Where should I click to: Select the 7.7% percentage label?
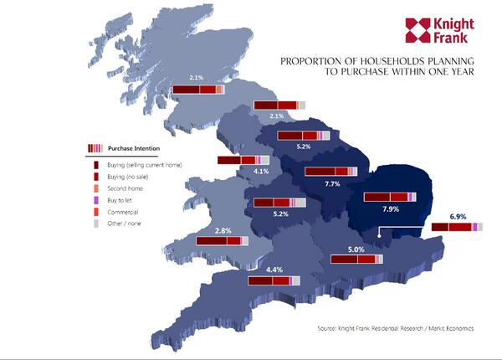tap(331, 183)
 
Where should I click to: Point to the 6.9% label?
tap(458, 216)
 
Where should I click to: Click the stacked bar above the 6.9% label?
tap(457, 226)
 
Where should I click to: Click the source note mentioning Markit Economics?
tap(396, 328)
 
